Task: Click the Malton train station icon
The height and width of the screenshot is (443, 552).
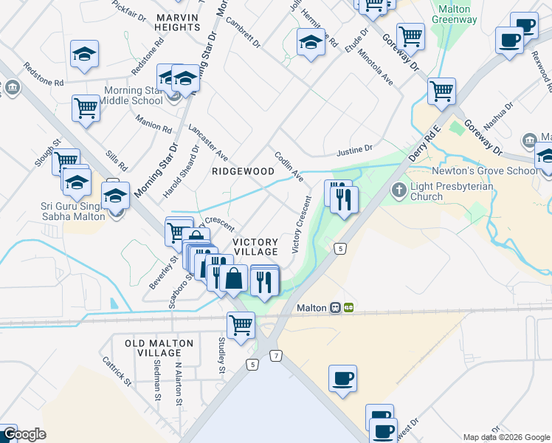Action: click(335, 307)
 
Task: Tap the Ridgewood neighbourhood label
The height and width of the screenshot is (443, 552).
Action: click(243, 171)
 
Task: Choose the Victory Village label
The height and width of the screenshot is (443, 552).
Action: click(255, 247)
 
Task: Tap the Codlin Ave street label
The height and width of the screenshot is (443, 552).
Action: click(289, 166)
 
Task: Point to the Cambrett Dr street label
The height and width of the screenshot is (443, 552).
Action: click(244, 32)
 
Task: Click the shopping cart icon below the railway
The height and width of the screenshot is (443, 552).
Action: click(241, 324)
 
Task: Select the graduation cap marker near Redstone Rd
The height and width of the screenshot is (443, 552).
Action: click(85, 54)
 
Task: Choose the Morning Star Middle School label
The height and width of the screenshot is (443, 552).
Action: click(122, 95)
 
